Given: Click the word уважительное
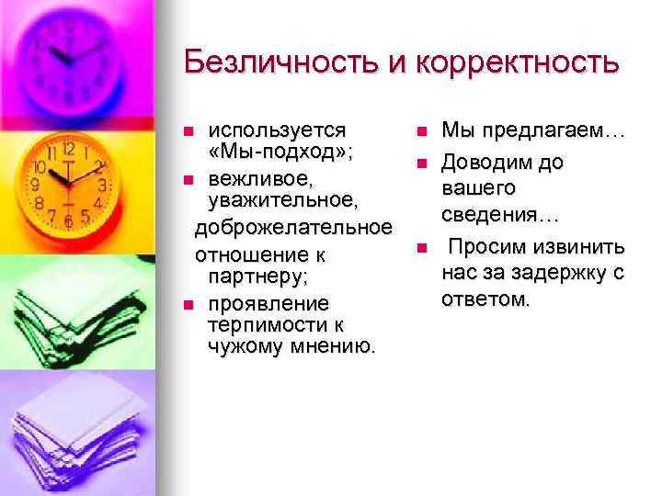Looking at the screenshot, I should [x=290, y=199].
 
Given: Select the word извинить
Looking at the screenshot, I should [x=581, y=248].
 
